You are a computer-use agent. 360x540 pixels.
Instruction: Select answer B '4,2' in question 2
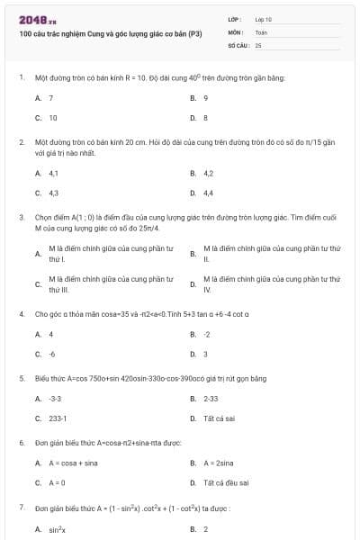click(x=208, y=173)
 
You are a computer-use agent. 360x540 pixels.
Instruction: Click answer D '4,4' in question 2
click(x=208, y=193)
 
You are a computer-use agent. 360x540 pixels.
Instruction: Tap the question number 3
click(x=21, y=217)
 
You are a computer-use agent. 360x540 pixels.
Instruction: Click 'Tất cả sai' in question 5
click(x=219, y=418)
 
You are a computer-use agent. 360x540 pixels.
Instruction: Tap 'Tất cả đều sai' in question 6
click(x=225, y=482)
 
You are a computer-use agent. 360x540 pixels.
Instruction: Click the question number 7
click(x=21, y=508)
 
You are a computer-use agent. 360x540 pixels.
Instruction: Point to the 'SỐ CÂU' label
click(x=238, y=44)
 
